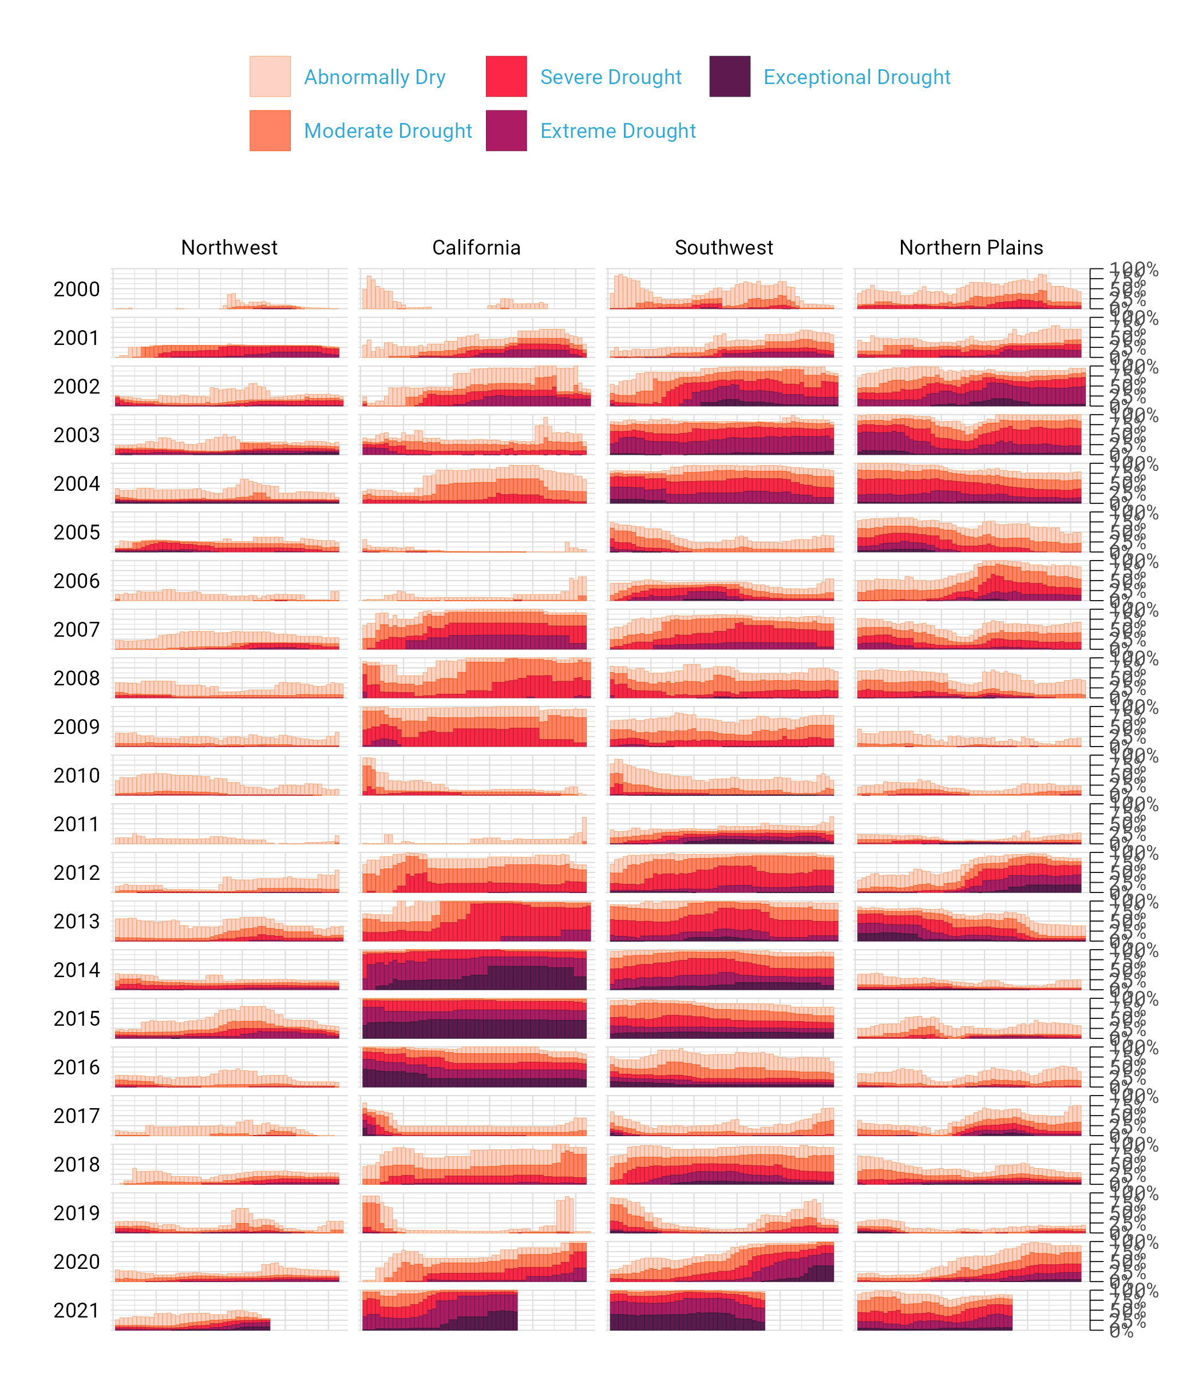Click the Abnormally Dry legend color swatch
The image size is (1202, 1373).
(x=270, y=77)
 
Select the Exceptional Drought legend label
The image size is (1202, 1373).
(x=856, y=77)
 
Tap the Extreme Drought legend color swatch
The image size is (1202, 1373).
(x=506, y=131)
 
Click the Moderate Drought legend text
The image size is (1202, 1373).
(x=388, y=131)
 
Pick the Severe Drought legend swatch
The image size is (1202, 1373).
(x=506, y=77)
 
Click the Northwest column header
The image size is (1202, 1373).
(x=229, y=247)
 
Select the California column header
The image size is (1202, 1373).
(x=476, y=247)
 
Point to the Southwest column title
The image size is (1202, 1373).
(x=723, y=247)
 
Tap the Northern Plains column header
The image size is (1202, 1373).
(x=971, y=247)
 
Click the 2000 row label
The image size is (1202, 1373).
(x=77, y=289)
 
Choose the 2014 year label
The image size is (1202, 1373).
(x=77, y=970)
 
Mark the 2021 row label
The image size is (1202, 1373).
(x=77, y=1311)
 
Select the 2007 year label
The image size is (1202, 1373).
(x=77, y=629)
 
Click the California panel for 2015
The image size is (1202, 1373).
(x=476, y=1018)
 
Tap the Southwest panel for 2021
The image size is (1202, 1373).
(x=723, y=1310)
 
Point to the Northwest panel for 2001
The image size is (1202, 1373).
(x=229, y=338)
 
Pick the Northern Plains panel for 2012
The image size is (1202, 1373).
(x=971, y=872)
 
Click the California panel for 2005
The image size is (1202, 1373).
(x=476, y=532)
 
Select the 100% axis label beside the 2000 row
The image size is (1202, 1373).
(x=1133, y=269)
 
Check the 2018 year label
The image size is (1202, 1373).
(x=77, y=1165)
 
